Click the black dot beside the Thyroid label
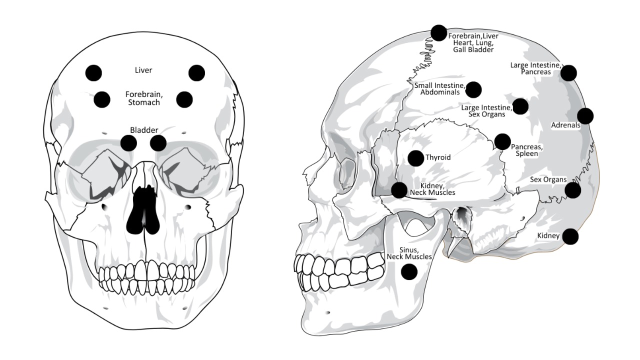pyautogui.click(x=415, y=158)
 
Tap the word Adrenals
pyautogui.click(x=565, y=125)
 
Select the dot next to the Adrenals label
pyautogui.click(x=585, y=116)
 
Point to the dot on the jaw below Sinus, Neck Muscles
pyautogui.click(x=409, y=271)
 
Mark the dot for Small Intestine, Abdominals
pyautogui.click(x=473, y=89)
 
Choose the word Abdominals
pyautogui.click(x=440, y=92)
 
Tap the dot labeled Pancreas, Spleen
pyautogui.click(x=502, y=141)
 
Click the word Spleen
pyautogui.click(x=527, y=153)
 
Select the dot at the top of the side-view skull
pyautogui.click(x=438, y=33)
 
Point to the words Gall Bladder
pyautogui.click(x=473, y=49)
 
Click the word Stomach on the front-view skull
pyautogui.click(x=143, y=102)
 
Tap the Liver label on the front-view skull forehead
pyautogui.click(x=143, y=70)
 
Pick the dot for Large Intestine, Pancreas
pyautogui.click(x=568, y=73)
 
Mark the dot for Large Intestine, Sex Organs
pyautogui.click(x=520, y=106)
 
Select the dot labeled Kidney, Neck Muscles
pyautogui.click(x=399, y=190)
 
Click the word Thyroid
pyautogui.click(x=438, y=157)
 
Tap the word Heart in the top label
pyautogui.click(x=463, y=43)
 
